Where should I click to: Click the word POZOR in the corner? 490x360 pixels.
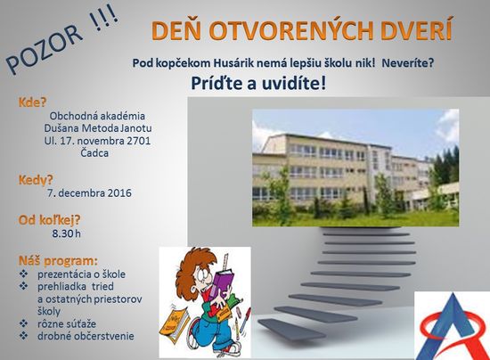[x=45, y=49]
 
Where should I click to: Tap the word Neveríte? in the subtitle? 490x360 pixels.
[x=408, y=63]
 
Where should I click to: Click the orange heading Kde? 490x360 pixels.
[x=32, y=102]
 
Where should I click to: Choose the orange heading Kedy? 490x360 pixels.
[x=36, y=180]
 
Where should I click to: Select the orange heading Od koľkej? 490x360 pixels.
[x=49, y=220]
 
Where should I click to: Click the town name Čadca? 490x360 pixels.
[x=94, y=153]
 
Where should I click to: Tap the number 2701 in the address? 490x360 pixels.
[x=138, y=141]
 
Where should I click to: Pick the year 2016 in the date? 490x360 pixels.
[x=119, y=192]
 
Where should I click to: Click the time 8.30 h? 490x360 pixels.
[x=66, y=233]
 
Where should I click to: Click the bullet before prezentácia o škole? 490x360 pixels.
[x=23, y=274]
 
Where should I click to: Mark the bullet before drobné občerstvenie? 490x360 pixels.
[x=23, y=336]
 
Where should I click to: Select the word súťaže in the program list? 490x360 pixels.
[x=82, y=323]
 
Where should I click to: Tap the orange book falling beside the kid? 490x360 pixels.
[x=174, y=322]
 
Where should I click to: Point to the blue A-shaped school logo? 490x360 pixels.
[x=453, y=327]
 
